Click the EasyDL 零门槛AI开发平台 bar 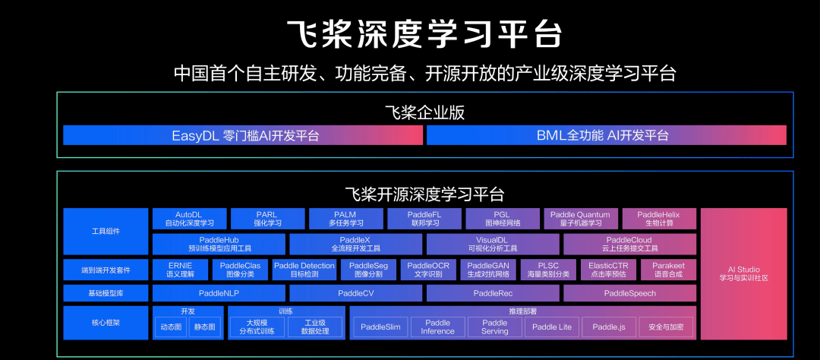[x=242, y=135]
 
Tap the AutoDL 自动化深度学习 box [x=189, y=219]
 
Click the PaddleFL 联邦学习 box [x=424, y=219]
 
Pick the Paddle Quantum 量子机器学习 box [x=580, y=219]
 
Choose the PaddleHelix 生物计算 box [x=658, y=219]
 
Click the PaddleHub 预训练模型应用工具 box [x=219, y=244]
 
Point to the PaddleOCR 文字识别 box [x=428, y=270]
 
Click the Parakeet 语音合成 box [x=668, y=270]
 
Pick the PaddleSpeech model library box [x=629, y=293]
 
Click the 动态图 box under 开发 [x=170, y=327]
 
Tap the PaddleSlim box [x=380, y=327]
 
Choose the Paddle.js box [x=609, y=327]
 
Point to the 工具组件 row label [x=105, y=231]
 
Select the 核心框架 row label [x=105, y=323]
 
